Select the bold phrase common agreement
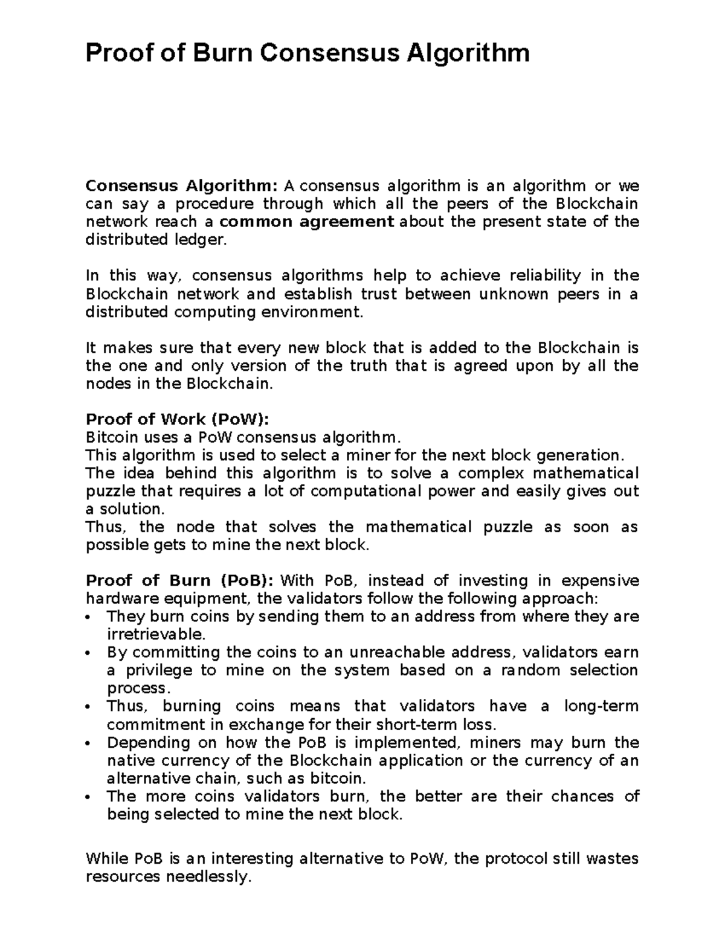click(307, 222)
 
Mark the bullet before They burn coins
click(89, 618)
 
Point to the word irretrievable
click(156, 635)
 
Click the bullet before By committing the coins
click(89, 654)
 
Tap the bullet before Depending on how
click(89, 744)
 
